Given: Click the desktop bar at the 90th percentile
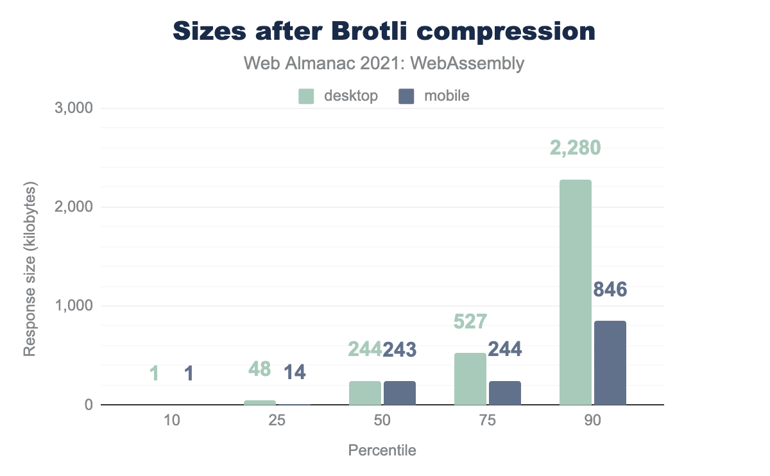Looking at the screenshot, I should click(x=575, y=293).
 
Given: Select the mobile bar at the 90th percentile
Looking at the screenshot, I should click(x=610, y=363).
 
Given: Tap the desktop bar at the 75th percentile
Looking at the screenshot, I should click(x=470, y=379).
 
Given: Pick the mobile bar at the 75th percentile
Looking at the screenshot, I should click(x=504, y=393).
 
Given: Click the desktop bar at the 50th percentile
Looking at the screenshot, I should click(x=365, y=393).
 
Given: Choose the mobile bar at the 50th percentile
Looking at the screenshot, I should click(x=400, y=393).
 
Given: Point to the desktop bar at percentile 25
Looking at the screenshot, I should click(x=260, y=403).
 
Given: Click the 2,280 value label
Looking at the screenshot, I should click(x=575, y=148).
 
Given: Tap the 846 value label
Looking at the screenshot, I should click(x=610, y=290).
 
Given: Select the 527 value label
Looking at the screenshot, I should click(x=470, y=321).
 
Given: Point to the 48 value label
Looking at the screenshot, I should click(x=259, y=369).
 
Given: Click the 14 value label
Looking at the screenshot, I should click(x=295, y=371).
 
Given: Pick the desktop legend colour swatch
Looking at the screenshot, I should click(x=307, y=96).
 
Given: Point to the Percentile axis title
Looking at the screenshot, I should click(x=382, y=450).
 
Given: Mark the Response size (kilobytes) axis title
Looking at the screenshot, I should click(x=30, y=269).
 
